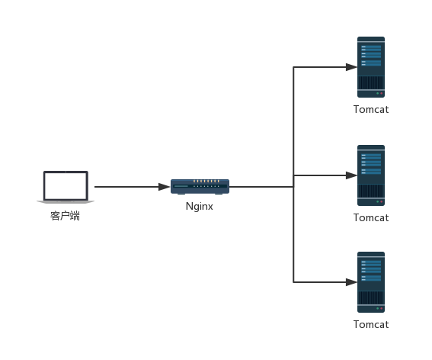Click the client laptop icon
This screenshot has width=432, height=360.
point(66,188)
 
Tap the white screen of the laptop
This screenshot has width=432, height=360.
point(66,185)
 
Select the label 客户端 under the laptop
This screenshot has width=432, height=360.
point(66,216)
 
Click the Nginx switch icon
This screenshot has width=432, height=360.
point(200,186)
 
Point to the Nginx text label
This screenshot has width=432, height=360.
point(200,206)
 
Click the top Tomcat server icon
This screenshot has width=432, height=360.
point(371,67)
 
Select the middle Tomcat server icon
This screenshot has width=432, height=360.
point(371,175)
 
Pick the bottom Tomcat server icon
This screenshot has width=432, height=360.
point(371,282)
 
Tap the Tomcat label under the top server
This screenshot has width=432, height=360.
point(371,109)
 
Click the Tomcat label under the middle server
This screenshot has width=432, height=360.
point(371,217)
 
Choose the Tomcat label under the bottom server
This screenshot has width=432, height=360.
point(371,324)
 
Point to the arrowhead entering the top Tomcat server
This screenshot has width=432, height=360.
point(351,67)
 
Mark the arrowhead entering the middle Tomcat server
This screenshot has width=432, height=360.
point(351,175)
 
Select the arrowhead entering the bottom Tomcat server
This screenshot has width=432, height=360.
point(351,282)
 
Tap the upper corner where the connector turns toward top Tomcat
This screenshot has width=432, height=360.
point(294,67)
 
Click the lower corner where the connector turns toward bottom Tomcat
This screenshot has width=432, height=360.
point(294,282)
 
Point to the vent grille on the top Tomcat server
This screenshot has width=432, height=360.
point(371,82)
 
